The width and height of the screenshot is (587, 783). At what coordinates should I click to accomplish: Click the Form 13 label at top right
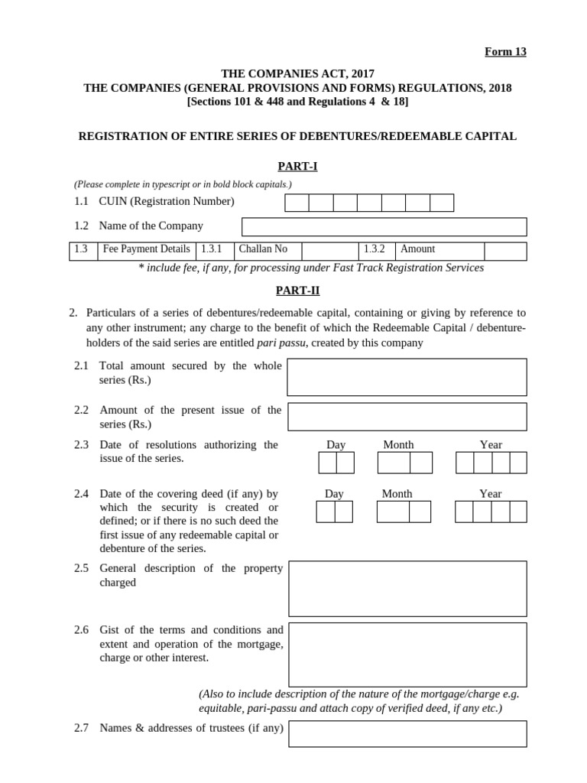click(x=505, y=52)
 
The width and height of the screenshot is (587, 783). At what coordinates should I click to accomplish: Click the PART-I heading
click(x=297, y=166)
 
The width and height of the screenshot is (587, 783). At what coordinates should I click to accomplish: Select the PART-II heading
click(x=297, y=291)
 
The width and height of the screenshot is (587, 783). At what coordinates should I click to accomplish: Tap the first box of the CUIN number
click(x=297, y=203)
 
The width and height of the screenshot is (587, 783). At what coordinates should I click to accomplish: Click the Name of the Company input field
click(x=384, y=227)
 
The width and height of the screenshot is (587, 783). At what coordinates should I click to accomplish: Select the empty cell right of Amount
click(x=504, y=251)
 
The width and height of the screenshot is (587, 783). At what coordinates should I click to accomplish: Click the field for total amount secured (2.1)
click(x=407, y=377)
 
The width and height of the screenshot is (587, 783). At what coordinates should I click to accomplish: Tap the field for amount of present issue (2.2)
click(x=407, y=417)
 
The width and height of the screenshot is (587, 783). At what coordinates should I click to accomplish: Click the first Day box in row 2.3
click(x=327, y=463)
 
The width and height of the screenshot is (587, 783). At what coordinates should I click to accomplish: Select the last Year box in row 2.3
click(x=518, y=463)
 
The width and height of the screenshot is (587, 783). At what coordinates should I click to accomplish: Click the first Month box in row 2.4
click(x=393, y=512)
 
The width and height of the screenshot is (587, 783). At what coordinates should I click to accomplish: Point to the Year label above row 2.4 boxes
click(x=490, y=494)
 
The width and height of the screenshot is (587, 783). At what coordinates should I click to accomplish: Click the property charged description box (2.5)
click(x=407, y=588)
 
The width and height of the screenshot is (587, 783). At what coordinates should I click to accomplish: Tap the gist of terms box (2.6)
click(x=407, y=655)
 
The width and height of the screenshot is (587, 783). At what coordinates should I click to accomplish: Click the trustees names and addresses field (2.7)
click(x=407, y=733)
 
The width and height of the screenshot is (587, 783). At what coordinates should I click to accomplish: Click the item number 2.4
click(x=82, y=494)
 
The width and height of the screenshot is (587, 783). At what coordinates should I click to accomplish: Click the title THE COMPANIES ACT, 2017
click(x=297, y=74)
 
